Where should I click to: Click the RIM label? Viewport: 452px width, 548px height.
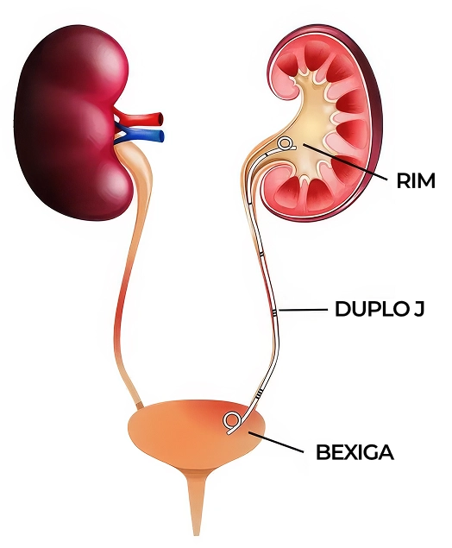[416, 181]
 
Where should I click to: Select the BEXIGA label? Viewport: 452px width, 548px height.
[355, 452]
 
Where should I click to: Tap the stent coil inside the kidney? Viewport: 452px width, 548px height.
[286, 143]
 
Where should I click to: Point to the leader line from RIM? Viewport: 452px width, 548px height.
[345, 162]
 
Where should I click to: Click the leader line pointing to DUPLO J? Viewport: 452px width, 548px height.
[303, 310]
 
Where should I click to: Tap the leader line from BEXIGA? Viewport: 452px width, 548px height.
[275, 442]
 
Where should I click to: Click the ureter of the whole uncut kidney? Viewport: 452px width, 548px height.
[131, 280]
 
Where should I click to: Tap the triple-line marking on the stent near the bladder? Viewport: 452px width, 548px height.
[258, 394]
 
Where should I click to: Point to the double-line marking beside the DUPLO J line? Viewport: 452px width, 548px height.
[275, 312]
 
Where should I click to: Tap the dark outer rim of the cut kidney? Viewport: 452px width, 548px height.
[375, 119]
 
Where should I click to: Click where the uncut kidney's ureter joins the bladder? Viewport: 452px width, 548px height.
[139, 406]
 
